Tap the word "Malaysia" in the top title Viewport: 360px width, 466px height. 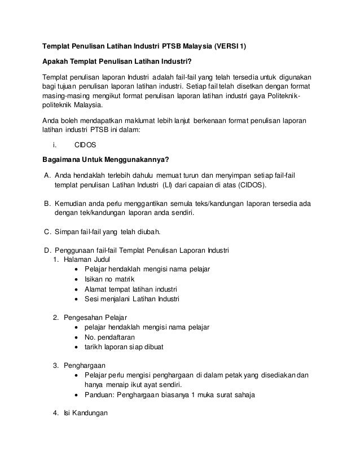[x=193, y=45]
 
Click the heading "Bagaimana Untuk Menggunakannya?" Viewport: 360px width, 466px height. [x=106, y=159]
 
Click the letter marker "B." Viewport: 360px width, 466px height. [x=47, y=203]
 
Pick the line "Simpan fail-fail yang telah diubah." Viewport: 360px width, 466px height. [x=108, y=231]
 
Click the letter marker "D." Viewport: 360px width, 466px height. [x=47, y=250]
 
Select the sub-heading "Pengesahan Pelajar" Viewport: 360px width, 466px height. [x=95, y=318]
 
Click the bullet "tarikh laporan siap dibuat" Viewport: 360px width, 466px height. [x=124, y=347]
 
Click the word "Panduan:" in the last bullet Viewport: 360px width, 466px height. [x=100, y=395]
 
